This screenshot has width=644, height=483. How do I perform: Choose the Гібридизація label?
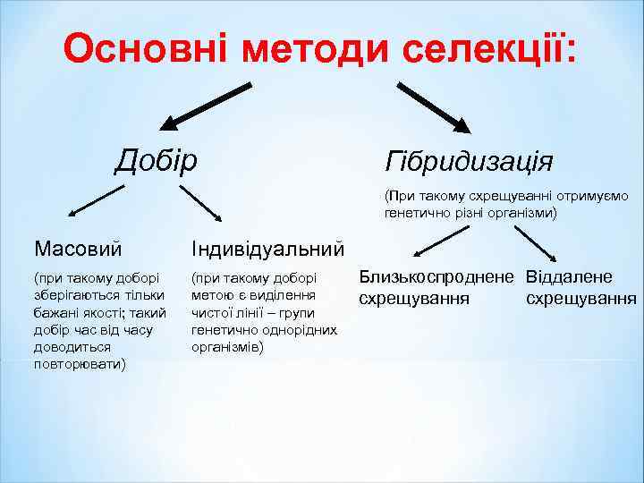[x=469, y=162]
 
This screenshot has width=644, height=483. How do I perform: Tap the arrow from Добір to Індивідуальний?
[x=202, y=203]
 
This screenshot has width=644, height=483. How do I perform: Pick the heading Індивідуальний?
[x=267, y=246]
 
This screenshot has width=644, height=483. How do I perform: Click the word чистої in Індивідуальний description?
[x=214, y=312]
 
